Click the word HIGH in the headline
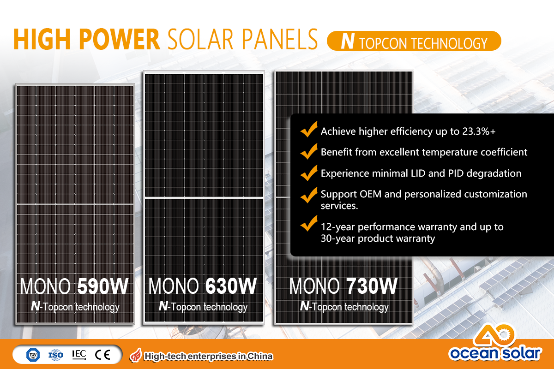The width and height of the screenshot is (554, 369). click(42, 39)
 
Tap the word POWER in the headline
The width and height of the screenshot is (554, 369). click(120, 39)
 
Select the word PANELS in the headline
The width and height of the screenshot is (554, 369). click(280, 39)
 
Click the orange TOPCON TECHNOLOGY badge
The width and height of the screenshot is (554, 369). click(414, 41)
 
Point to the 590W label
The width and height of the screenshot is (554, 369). click(103, 286)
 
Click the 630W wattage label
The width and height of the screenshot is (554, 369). click(231, 286)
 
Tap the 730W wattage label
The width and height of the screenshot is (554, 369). click(372, 286)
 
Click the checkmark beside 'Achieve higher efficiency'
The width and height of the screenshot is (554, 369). click(309, 129)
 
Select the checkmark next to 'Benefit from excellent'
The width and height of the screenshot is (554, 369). click(309, 151)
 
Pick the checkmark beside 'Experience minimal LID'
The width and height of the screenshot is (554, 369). click(309, 173)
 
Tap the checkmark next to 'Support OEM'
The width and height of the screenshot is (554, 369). click(309, 195)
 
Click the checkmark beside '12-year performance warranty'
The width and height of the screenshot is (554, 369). click(309, 223)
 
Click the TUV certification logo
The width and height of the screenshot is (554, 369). click(33, 355)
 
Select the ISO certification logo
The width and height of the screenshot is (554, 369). click(56, 355)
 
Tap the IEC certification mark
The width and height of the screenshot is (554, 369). click(79, 354)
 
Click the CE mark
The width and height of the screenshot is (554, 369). click(102, 355)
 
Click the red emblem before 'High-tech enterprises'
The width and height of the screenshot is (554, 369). click(136, 356)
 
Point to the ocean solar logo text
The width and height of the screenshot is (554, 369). click(495, 353)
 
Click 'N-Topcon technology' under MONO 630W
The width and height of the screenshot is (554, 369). click(203, 306)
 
